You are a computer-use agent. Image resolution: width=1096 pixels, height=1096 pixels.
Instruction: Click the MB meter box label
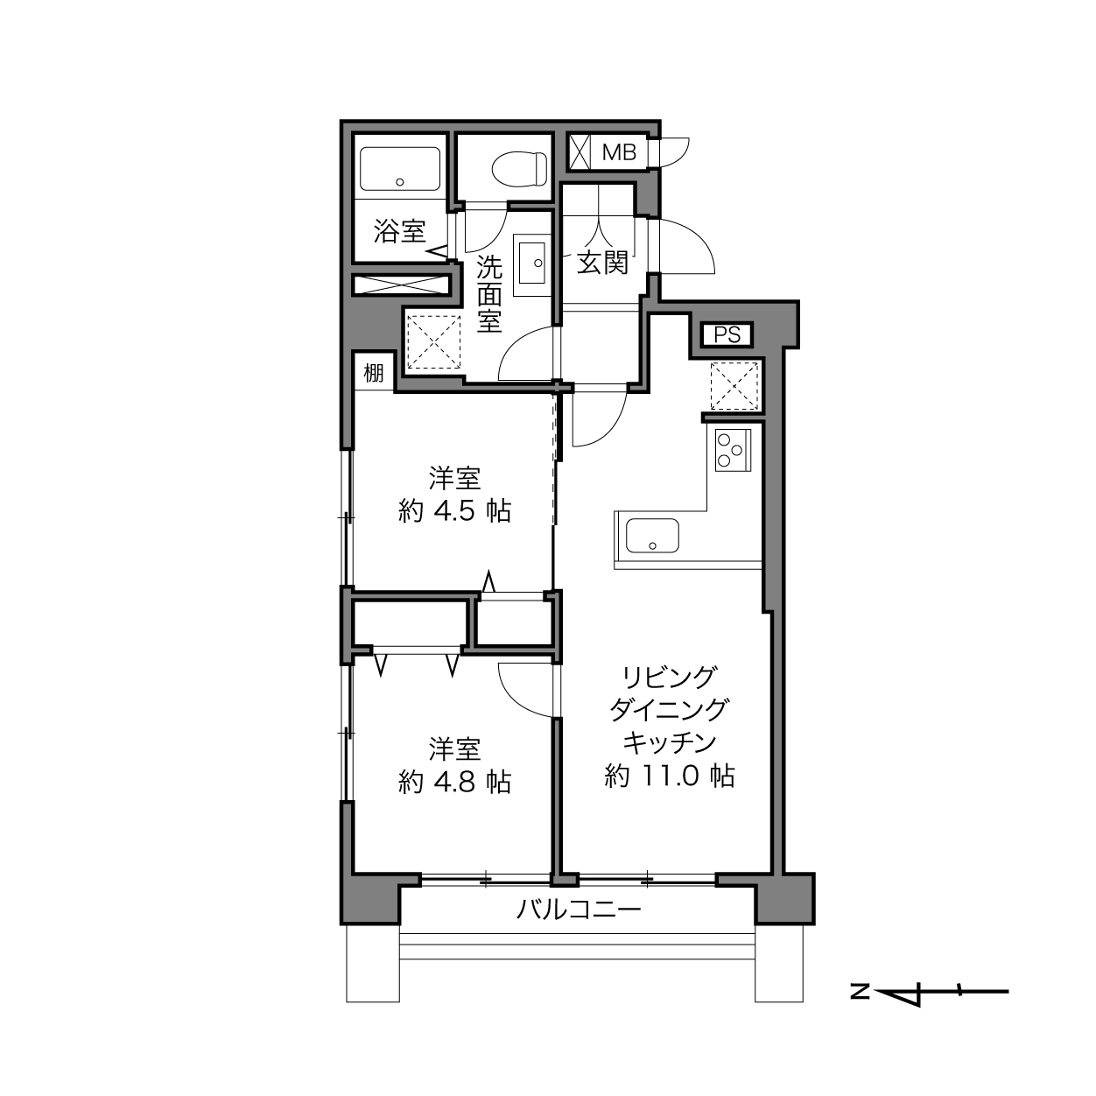(619, 152)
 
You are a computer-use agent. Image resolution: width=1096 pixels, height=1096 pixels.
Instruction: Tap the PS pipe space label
(727, 335)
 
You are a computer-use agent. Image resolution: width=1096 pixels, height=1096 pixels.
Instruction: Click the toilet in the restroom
(519, 168)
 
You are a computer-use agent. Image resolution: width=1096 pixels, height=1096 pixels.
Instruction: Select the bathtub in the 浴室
(400, 169)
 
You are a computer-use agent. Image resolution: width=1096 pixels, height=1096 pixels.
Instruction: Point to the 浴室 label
(399, 231)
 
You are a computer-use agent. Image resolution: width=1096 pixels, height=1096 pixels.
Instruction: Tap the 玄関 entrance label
(603, 263)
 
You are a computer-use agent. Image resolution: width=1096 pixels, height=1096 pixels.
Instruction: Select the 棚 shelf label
(374, 373)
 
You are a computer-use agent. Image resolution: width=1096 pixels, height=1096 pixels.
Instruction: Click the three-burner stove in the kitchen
(733, 449)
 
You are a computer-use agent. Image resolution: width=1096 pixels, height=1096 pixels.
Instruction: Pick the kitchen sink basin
(652, 535)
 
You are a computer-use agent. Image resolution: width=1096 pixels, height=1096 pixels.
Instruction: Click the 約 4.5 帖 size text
(455, 511)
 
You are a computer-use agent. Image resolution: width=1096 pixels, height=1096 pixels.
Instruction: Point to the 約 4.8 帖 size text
(455, 782)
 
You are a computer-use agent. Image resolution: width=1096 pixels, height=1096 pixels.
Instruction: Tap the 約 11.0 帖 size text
(670, 776)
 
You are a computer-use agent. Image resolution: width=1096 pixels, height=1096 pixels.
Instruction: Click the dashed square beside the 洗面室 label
(433, 342)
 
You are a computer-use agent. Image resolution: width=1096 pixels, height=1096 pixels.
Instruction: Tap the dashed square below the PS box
(734, 386)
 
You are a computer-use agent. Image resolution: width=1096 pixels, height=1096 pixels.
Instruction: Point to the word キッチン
(670, 742)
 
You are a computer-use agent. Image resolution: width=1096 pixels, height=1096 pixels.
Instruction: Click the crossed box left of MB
(580, 152)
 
